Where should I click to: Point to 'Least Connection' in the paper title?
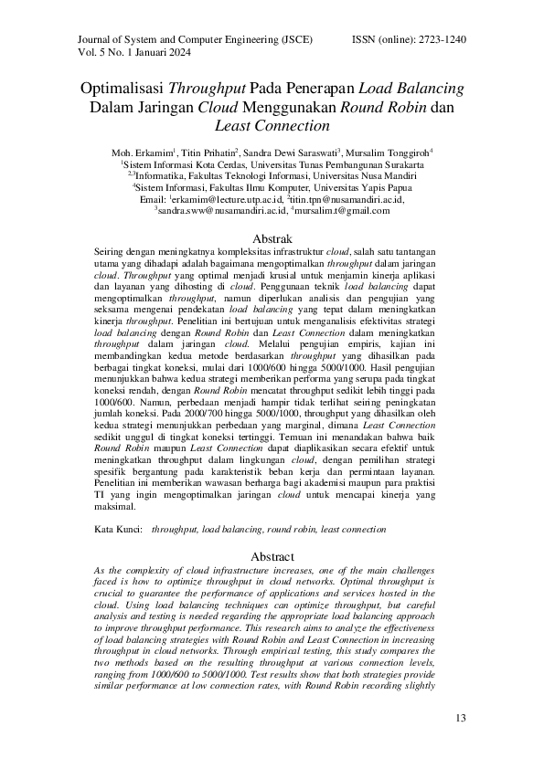[272, 126]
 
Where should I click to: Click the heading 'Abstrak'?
[272, 237]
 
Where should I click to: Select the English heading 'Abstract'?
[272, 556]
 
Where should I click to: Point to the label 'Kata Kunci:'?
[119, 529]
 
